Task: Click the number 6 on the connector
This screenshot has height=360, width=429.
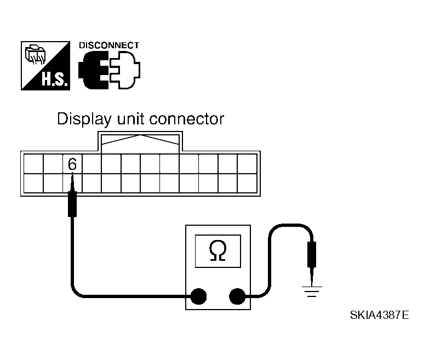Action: coord(72,164)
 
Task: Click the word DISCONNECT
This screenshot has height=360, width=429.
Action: coord(109,45)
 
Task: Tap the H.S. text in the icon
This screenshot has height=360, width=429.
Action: coord(54,79)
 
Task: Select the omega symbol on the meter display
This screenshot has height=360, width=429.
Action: coord(218,250)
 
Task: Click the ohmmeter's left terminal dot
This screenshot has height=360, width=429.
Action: coord(198,296)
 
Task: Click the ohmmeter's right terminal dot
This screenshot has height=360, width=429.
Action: coord(237,296)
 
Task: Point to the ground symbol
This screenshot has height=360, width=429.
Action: coord(312,292)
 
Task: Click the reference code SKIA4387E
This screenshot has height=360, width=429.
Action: coord(380,315)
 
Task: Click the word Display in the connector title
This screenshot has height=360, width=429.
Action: coord(84,119)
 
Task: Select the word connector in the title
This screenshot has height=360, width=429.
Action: coord(187,119)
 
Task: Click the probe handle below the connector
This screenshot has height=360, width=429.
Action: coord(72,204)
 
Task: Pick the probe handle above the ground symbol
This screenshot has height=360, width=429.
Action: coord(312,254)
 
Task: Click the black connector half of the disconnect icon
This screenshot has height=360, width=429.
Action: coord(93,70)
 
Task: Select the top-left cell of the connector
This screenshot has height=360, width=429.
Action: coord(33,164)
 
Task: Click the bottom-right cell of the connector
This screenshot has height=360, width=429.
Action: coord(247,183)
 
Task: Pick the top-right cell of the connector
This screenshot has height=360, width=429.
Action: coord(247,164)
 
